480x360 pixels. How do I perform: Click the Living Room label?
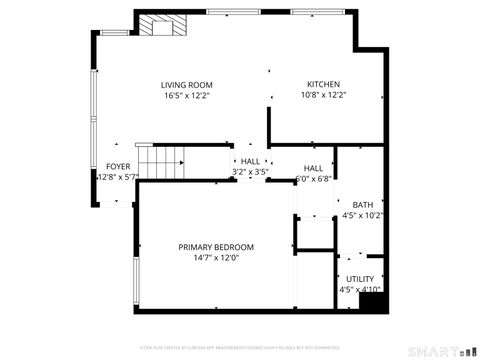tap(187, 85)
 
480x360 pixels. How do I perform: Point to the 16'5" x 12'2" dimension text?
tap(187, 96)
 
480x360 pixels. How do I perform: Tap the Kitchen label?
tap(323, 85)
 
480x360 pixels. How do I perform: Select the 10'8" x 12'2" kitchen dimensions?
tap(323, 96)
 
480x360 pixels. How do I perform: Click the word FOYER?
tap(118, 166)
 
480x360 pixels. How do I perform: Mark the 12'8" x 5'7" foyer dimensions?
tap(117, 177)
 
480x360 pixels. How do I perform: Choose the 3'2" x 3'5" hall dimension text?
tap(250, 172)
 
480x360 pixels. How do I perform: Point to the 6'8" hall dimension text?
tap(314, 180)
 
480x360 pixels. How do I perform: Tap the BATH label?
tap(362, 205)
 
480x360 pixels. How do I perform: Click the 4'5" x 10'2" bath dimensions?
tap(363, 215)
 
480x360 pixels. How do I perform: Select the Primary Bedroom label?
tap(216, 247)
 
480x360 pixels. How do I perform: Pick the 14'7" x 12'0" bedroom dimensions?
tap(216, 258)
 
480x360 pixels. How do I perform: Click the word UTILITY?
tap(360, 279)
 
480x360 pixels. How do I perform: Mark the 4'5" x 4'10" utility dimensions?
tap(360, 290)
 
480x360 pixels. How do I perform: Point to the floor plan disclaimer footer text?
tap(240, 347)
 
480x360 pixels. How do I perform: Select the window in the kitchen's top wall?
tap(320, 11)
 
